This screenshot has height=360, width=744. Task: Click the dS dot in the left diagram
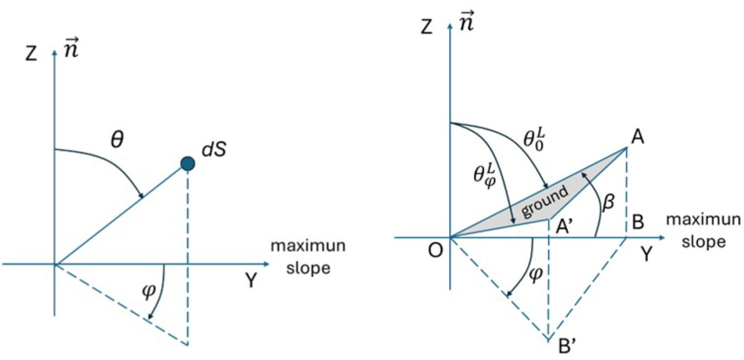click(x=188, y=164)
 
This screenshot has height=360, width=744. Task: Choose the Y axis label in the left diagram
click(x=250, y=281)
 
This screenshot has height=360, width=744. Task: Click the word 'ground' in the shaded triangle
click(x=544, y=202)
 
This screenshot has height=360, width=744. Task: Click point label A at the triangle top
click(x=636, y=139)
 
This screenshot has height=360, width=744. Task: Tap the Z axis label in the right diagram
click(x=425, y=29)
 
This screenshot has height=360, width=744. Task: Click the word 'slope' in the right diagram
click(x=704, y=241)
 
